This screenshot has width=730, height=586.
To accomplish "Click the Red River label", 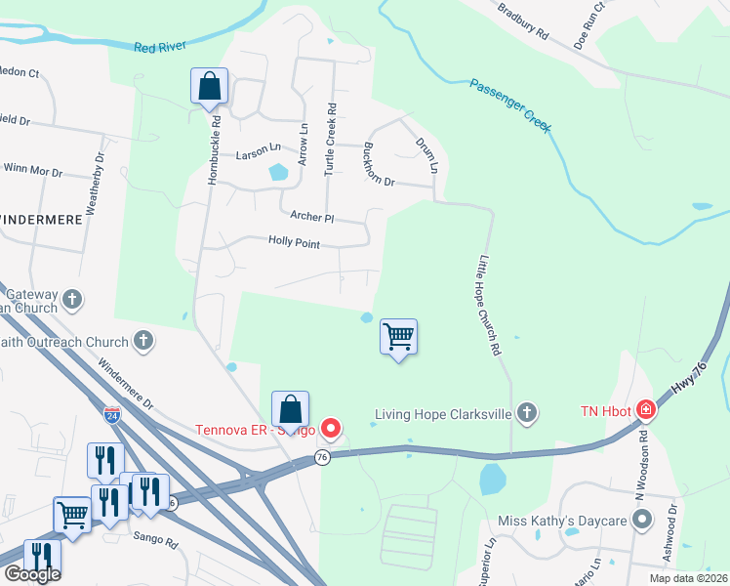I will click(159, 47).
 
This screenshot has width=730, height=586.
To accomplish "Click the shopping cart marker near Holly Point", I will click(398, 337).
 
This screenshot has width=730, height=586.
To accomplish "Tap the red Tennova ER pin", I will click(331, 428).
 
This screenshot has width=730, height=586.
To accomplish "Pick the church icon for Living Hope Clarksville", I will click(527, 413).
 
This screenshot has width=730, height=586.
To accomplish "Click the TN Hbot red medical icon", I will click(645, 409).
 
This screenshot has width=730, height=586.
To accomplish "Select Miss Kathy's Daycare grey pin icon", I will click(641, 521).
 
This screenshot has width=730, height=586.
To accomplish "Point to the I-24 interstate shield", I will click(112, 415).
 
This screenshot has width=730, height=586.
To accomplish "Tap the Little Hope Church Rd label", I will click(489, 306).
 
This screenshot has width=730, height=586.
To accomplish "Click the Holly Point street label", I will click(294, 242).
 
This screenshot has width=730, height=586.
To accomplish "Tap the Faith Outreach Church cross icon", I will click(143, 341).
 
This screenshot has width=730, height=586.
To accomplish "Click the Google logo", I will click(31, 574).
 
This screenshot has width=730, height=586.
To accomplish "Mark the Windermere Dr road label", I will click(126, 387).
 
